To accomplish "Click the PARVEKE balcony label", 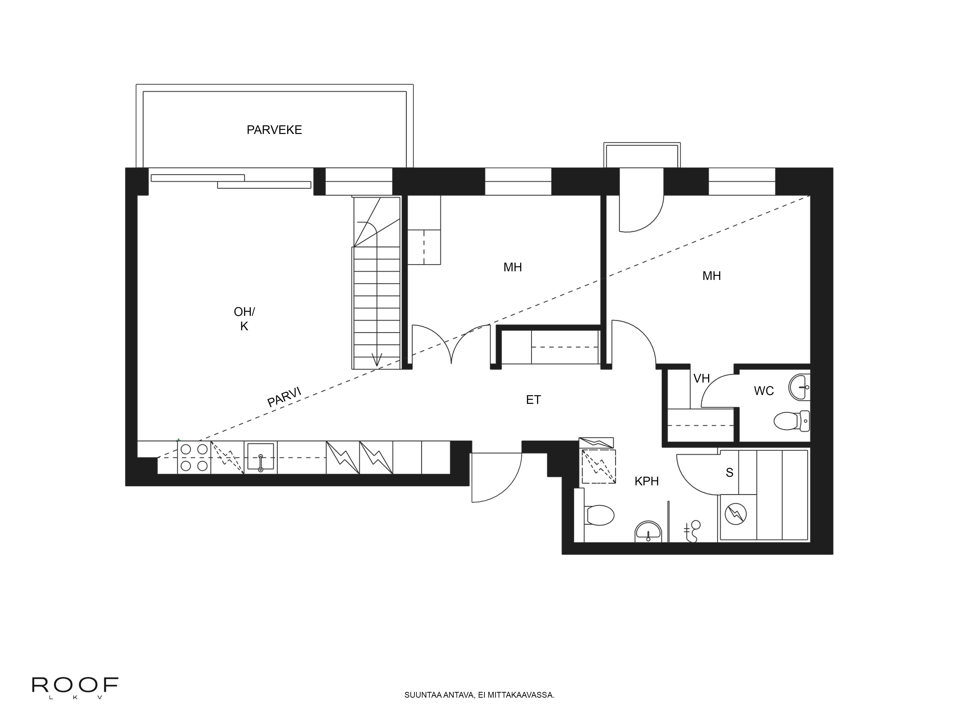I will click(274, 130).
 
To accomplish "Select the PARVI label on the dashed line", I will click(284, 397).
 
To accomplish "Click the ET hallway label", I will click(533, 400).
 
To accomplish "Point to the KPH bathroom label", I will click(646, 481).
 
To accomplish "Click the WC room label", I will click(763, 391).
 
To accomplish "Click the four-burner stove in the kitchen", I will click(194, 457).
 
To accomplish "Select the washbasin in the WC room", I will click(799, 387).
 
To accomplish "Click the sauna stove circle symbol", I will click(736, 514).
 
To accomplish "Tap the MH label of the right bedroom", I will click(711, 276).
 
